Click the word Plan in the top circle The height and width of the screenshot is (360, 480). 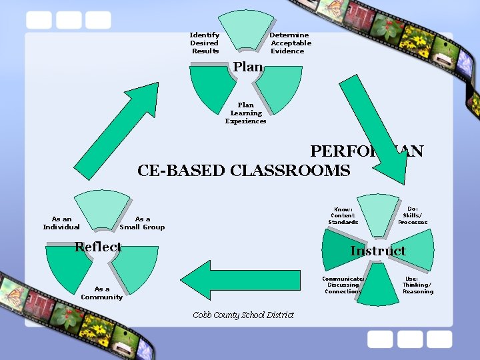247,67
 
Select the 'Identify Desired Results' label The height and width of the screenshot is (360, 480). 205,43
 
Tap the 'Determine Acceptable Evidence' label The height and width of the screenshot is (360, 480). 290,43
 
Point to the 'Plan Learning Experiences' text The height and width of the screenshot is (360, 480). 245,113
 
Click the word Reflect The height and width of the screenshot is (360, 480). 98,247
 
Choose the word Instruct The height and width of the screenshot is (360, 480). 378,251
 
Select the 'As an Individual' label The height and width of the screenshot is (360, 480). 61,223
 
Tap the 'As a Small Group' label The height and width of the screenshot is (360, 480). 142,223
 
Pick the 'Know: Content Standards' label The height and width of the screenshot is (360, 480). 343,215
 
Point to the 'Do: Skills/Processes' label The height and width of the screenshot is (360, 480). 413,215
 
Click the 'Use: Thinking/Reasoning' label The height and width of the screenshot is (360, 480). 417,285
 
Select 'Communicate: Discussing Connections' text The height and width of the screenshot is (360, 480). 343,285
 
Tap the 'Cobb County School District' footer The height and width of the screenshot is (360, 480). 243,315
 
